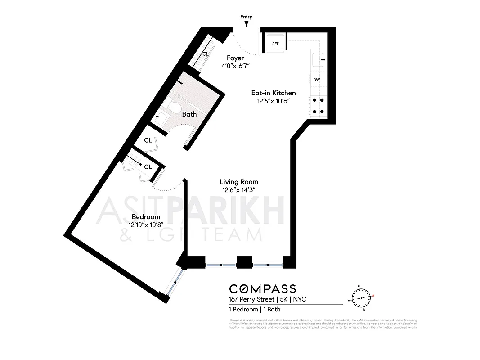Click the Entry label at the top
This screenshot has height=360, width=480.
(x=246, y=17)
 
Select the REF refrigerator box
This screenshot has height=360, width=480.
(x=276, y=44)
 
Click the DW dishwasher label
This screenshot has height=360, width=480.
(x=317, y=80)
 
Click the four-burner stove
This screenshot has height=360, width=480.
(x=319, y=106)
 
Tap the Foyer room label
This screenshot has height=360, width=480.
(x=235, y=58)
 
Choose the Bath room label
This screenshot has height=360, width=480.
(x=189, y=114)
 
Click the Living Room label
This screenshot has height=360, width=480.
(x=239, y=182)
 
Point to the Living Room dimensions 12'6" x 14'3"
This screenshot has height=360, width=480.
(x=239, y=189)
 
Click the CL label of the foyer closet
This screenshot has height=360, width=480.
(x=206, y=54)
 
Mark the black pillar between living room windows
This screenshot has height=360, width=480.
(x=244, y=262)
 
